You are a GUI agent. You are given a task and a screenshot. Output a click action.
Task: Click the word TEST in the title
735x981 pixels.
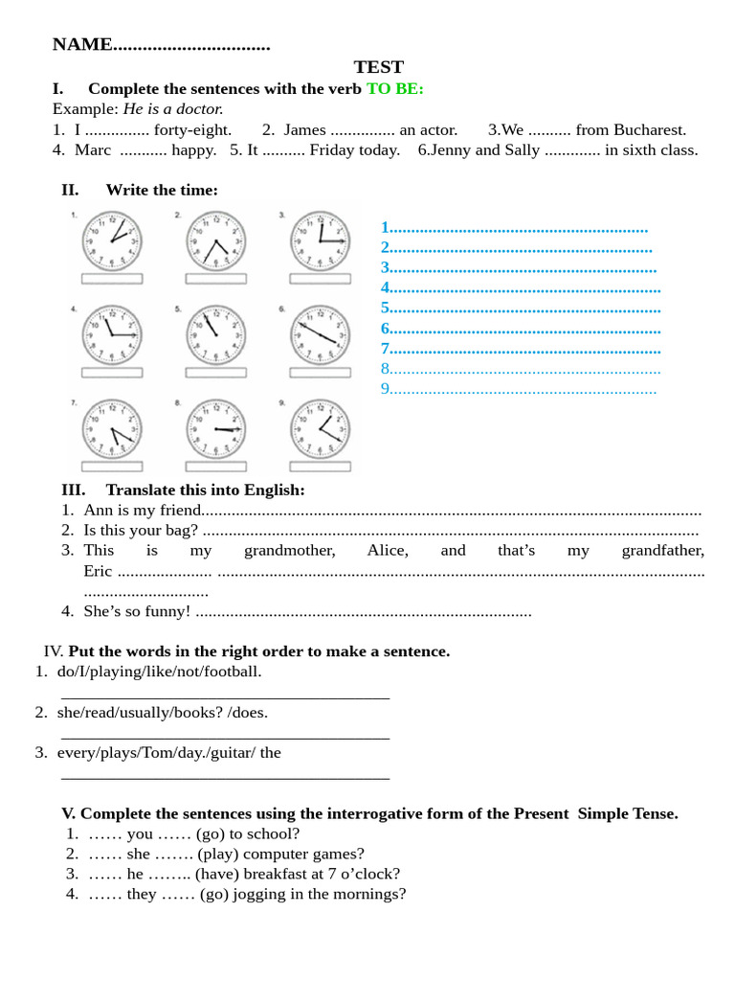[378, 67]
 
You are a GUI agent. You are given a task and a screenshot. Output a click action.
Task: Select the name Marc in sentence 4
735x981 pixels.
[93, 149]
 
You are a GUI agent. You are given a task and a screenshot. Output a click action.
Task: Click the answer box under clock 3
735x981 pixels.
[321, 279]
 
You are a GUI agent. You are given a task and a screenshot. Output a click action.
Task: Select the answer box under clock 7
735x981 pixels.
[112, 467]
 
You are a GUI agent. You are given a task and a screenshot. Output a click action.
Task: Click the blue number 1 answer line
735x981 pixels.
[515, 228]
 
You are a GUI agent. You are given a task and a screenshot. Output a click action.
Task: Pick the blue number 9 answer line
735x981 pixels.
[519, 388]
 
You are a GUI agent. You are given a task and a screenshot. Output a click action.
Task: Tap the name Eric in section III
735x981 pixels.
[98, 571]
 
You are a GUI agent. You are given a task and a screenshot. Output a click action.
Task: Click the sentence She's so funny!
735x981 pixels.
[137, 611]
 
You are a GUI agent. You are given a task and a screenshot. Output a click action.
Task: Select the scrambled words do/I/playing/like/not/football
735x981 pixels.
[159, 671]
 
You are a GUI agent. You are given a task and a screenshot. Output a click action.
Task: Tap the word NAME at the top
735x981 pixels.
[82, 44]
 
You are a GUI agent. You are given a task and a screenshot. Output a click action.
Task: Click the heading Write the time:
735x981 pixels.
[162, 190]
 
